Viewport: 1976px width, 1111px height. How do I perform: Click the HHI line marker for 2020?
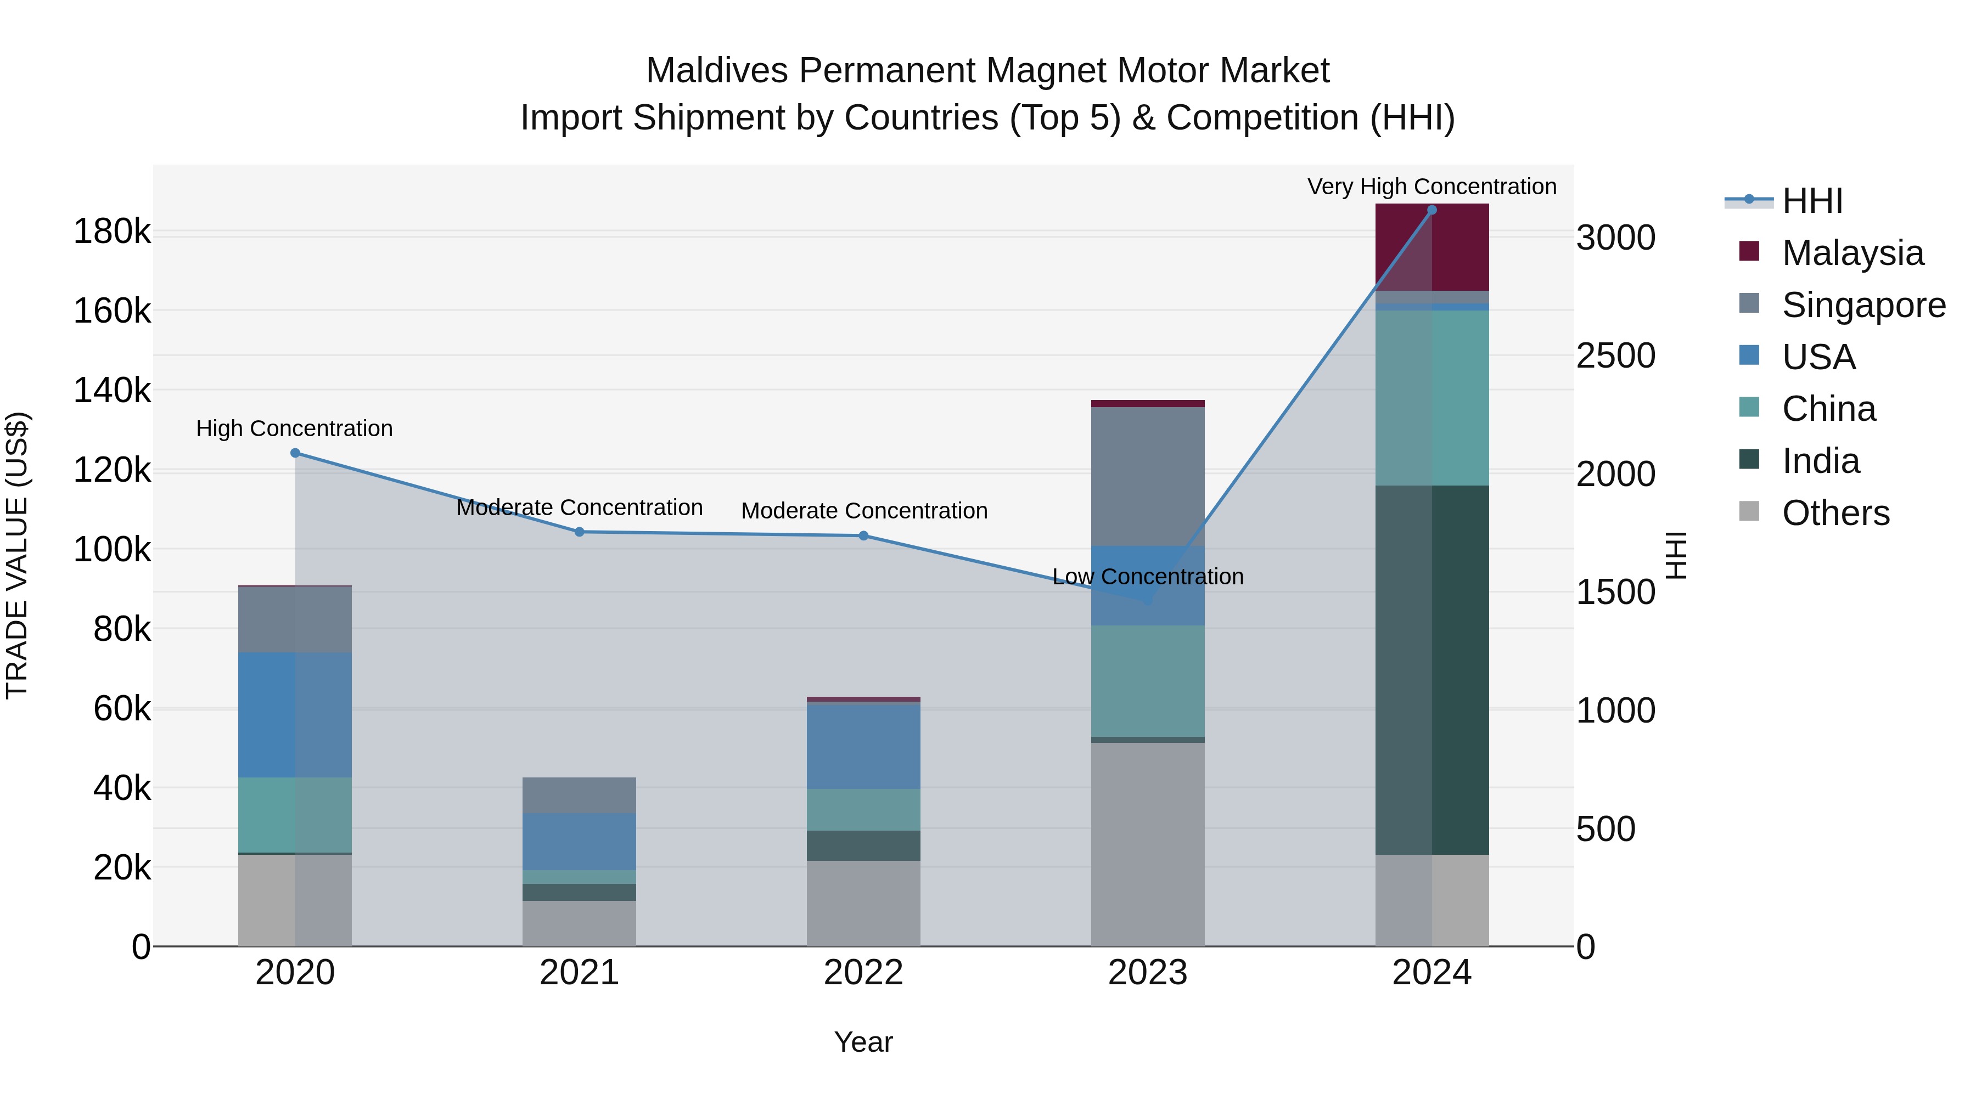click(295, 453)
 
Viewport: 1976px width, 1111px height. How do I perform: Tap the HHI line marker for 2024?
click(1432, 210)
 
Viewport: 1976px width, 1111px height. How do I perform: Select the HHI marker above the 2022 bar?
click(864, 536)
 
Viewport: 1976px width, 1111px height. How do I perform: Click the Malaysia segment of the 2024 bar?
click(1432, 247)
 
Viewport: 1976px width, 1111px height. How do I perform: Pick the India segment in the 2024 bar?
click(1432, 669)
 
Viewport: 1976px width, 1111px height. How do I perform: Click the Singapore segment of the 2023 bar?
click(1148, 476)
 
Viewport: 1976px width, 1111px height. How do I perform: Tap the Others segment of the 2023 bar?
click(1148, 843)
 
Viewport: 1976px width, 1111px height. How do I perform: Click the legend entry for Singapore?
click(1864, 305)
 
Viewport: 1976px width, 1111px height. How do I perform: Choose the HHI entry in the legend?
click(1812, 201)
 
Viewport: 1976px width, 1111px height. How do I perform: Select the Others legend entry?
click(1835, 513)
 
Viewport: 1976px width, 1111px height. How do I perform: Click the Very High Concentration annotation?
click(1432, 187)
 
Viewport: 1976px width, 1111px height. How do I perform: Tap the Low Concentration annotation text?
click(1148, 577)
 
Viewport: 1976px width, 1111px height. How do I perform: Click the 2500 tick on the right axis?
click(1615, 356)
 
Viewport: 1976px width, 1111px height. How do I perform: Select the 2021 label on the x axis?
click(579, 973)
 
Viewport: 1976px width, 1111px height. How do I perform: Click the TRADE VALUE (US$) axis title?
click(17, 555)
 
